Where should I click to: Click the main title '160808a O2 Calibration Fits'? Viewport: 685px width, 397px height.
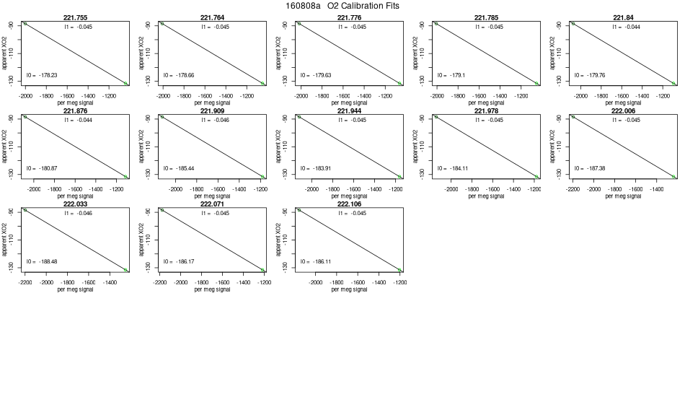[x=342, y=6]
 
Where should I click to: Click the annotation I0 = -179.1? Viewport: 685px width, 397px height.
[x=451, y=75]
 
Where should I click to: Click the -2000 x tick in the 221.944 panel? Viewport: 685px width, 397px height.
[x=312, y=188]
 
